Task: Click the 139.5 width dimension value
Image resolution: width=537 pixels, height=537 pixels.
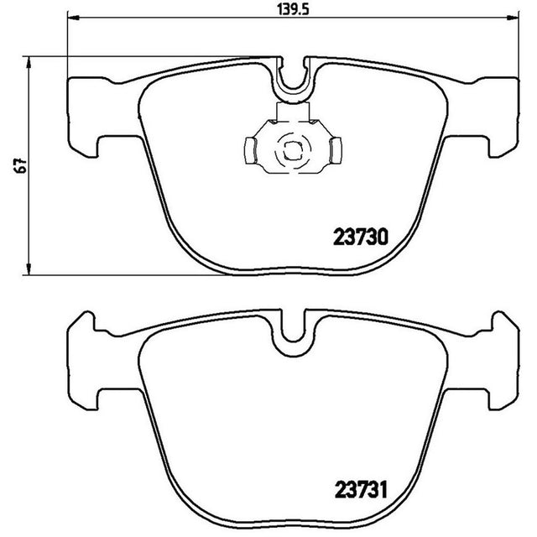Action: point(293,10)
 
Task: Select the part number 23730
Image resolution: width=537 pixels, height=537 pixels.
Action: point(361,237)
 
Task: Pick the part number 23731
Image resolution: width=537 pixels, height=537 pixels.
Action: point(361,490)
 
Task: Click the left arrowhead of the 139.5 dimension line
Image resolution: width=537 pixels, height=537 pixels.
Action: point(73,17)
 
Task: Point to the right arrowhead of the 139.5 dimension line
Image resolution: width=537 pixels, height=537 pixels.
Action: point(513,17)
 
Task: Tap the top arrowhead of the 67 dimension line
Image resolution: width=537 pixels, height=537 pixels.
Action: point(29,62)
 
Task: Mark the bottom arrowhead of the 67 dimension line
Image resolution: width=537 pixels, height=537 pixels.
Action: point(29,268)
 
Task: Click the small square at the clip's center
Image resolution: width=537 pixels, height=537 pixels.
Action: point(293,151)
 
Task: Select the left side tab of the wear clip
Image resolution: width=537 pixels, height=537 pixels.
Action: point(250,150)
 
